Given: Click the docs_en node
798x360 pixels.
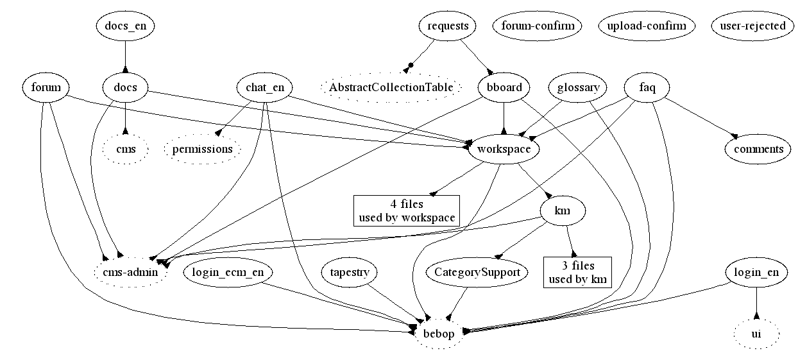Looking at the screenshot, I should [x=125, y=26].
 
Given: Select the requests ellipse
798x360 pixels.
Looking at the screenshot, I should [x=448, y=26].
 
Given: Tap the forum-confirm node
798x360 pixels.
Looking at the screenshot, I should [x=538, y=26].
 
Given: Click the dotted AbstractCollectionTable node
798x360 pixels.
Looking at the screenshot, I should [x=391, y=87].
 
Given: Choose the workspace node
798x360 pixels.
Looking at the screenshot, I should [x=504, y=149].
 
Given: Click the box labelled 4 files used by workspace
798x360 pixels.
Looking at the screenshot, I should [x=407, y=211].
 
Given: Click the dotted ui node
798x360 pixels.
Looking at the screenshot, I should [x=756, y=334].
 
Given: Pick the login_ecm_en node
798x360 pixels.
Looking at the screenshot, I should [x=228, y=273].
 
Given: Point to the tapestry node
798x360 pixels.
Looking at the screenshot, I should [x=348, y=273].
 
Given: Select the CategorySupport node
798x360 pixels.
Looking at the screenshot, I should [x=477, y=273].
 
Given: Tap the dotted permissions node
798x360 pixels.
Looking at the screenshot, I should [x=202, y=149].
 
